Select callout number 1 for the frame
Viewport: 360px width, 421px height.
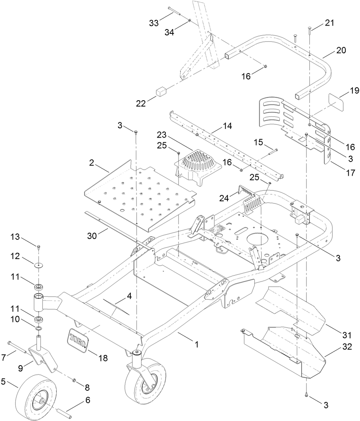[x=197, y=345]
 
